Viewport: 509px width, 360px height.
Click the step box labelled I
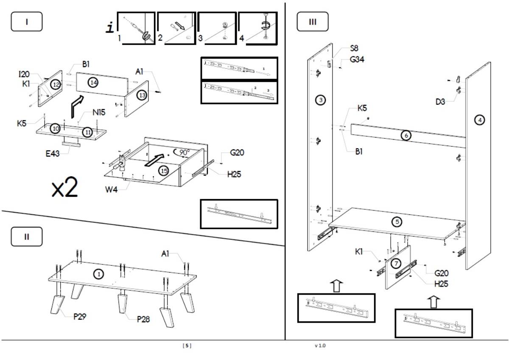pyautogui.click(x=27, y=22)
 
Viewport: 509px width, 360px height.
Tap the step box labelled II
pyautogui.click(x=27, y=237)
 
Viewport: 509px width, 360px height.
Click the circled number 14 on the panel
pyautogui.click(x=94, y=82)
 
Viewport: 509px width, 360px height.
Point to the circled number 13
pyautogui.click(x=142, y=95)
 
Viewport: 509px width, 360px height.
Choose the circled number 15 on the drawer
pyautogui.click(x=163, y=171)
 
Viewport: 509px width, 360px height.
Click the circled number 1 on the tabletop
pyautogui.click(x=99, y=275)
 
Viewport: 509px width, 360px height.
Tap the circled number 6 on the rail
pyautogui.click(x=406, y=135)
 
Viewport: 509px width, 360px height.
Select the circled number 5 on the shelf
pyautogui.click(x=397, y=222)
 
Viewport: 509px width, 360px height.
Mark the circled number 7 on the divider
pyautogui.click(x=396, y=264)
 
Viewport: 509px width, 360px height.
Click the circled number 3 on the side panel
pyautogui.click(x=321, y=100)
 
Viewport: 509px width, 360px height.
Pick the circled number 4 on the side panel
pyautogui.click(x=479, y=120)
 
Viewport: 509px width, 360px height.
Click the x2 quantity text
pyautogui.click(x=65, y=189)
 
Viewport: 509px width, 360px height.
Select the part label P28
pyautogui.click(x=144, y=319)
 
